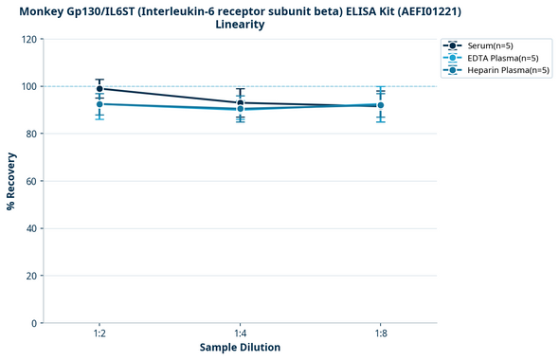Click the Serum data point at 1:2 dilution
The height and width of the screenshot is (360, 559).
(99, 89)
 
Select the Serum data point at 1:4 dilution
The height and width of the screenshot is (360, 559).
(241, 102)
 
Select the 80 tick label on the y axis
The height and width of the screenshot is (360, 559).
(30, 135)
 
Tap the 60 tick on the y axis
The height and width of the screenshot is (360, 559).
(30, 182)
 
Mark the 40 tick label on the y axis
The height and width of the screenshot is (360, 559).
(30, 229)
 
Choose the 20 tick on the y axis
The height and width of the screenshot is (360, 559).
(30, 277)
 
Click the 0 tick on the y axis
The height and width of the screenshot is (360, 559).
(33, 324)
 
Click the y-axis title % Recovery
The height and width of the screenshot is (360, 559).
(11, 181)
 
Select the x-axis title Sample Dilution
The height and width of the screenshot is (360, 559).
(240, 348)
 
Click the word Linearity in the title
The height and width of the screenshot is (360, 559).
(240, 25)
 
